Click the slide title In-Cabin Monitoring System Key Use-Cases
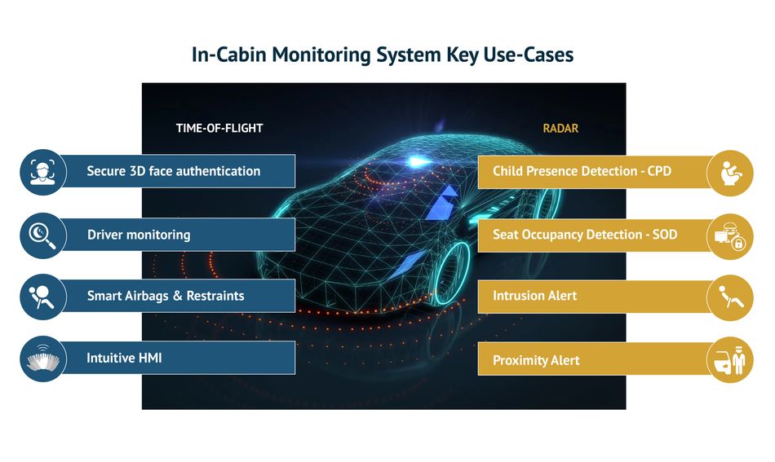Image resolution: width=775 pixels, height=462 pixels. tap(383, 55)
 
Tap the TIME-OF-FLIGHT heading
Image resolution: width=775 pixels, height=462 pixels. tap(219, 129)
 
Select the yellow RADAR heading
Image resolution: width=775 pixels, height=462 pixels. tap(560, 129)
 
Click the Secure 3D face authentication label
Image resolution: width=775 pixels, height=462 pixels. tap(174, 171)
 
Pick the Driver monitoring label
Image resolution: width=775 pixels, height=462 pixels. tap(139, 235)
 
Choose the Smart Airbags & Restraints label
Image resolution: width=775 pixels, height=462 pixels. tap(166, 296)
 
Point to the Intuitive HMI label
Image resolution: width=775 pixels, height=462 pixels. tap(124, 358)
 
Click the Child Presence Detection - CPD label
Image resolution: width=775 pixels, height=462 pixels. tap(582, 171)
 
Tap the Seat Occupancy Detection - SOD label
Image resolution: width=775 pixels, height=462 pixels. tap(585, 235)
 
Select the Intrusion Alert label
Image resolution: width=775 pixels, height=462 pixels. tap(535, 296)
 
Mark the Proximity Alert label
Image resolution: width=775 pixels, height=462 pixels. tap(536, 360)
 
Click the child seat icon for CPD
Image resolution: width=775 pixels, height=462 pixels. tap(730, 174)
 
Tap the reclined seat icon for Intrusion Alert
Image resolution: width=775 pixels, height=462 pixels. tap(730, 298)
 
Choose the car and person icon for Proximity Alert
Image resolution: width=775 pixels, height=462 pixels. tap(730, 360)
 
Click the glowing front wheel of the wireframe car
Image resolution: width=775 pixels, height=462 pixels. tap(451, 272)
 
